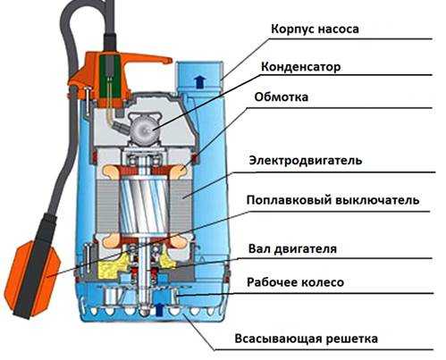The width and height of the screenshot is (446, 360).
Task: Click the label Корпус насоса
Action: click(x=315, y=29)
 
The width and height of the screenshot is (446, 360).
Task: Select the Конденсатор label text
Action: click(x=300, y=67)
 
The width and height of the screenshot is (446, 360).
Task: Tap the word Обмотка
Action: click(x=282, y=97)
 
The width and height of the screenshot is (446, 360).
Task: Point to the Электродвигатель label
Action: click(x=306, y=161)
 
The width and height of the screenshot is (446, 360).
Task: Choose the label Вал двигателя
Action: click(x=292, y=249)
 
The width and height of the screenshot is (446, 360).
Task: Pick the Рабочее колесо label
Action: click(x=296, y=282)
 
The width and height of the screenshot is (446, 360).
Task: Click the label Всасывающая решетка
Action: click(x=307, y=339)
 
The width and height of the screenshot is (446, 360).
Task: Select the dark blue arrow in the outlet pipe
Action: click(x=199, y=81)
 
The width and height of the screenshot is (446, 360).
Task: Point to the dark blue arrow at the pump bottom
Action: click(x=160, y=310)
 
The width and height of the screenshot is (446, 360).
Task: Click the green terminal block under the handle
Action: click(x=110, y=78)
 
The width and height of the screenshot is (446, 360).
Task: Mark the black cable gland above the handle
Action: click(x=110, y=43)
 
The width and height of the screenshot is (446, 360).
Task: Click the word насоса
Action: click(x=339, y=29)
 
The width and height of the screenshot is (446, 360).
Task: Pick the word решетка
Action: click(x=352, y=339)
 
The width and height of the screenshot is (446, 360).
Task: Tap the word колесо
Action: click(x=324, y=282)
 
